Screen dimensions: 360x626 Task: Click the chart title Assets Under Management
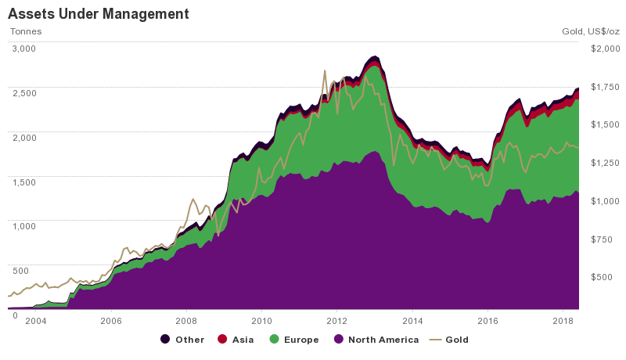tap(98, 14)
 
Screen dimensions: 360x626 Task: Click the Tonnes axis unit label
tap(25, 32)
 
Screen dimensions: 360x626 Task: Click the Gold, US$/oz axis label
tap(590, 32)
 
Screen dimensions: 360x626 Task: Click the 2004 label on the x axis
tap(35, 321)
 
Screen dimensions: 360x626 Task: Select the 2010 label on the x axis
tap(261, 321)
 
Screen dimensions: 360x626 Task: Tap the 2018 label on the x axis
tap(563, 321)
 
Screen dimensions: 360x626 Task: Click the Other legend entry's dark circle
tap(165, 340)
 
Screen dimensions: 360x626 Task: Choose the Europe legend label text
tap(301, 340)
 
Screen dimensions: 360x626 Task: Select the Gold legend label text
tap(456, 340)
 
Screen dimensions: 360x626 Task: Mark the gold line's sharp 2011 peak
tap(324, 70)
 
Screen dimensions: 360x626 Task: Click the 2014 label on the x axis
tap(412, 321)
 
